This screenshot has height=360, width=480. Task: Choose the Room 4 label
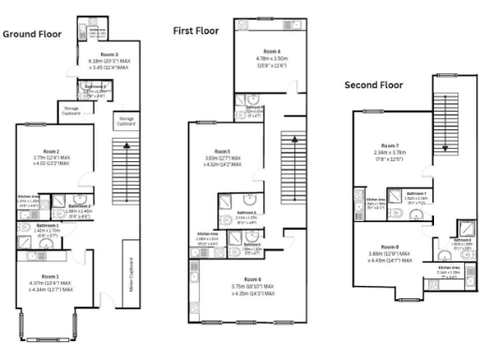click(271, 50)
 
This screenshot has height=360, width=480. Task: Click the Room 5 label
click(222, 151)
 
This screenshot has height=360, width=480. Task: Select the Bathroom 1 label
click(48, 225)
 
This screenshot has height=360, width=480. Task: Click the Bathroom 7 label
click(419, 193)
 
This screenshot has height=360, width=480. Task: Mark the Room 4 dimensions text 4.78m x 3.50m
click(271, 57)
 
